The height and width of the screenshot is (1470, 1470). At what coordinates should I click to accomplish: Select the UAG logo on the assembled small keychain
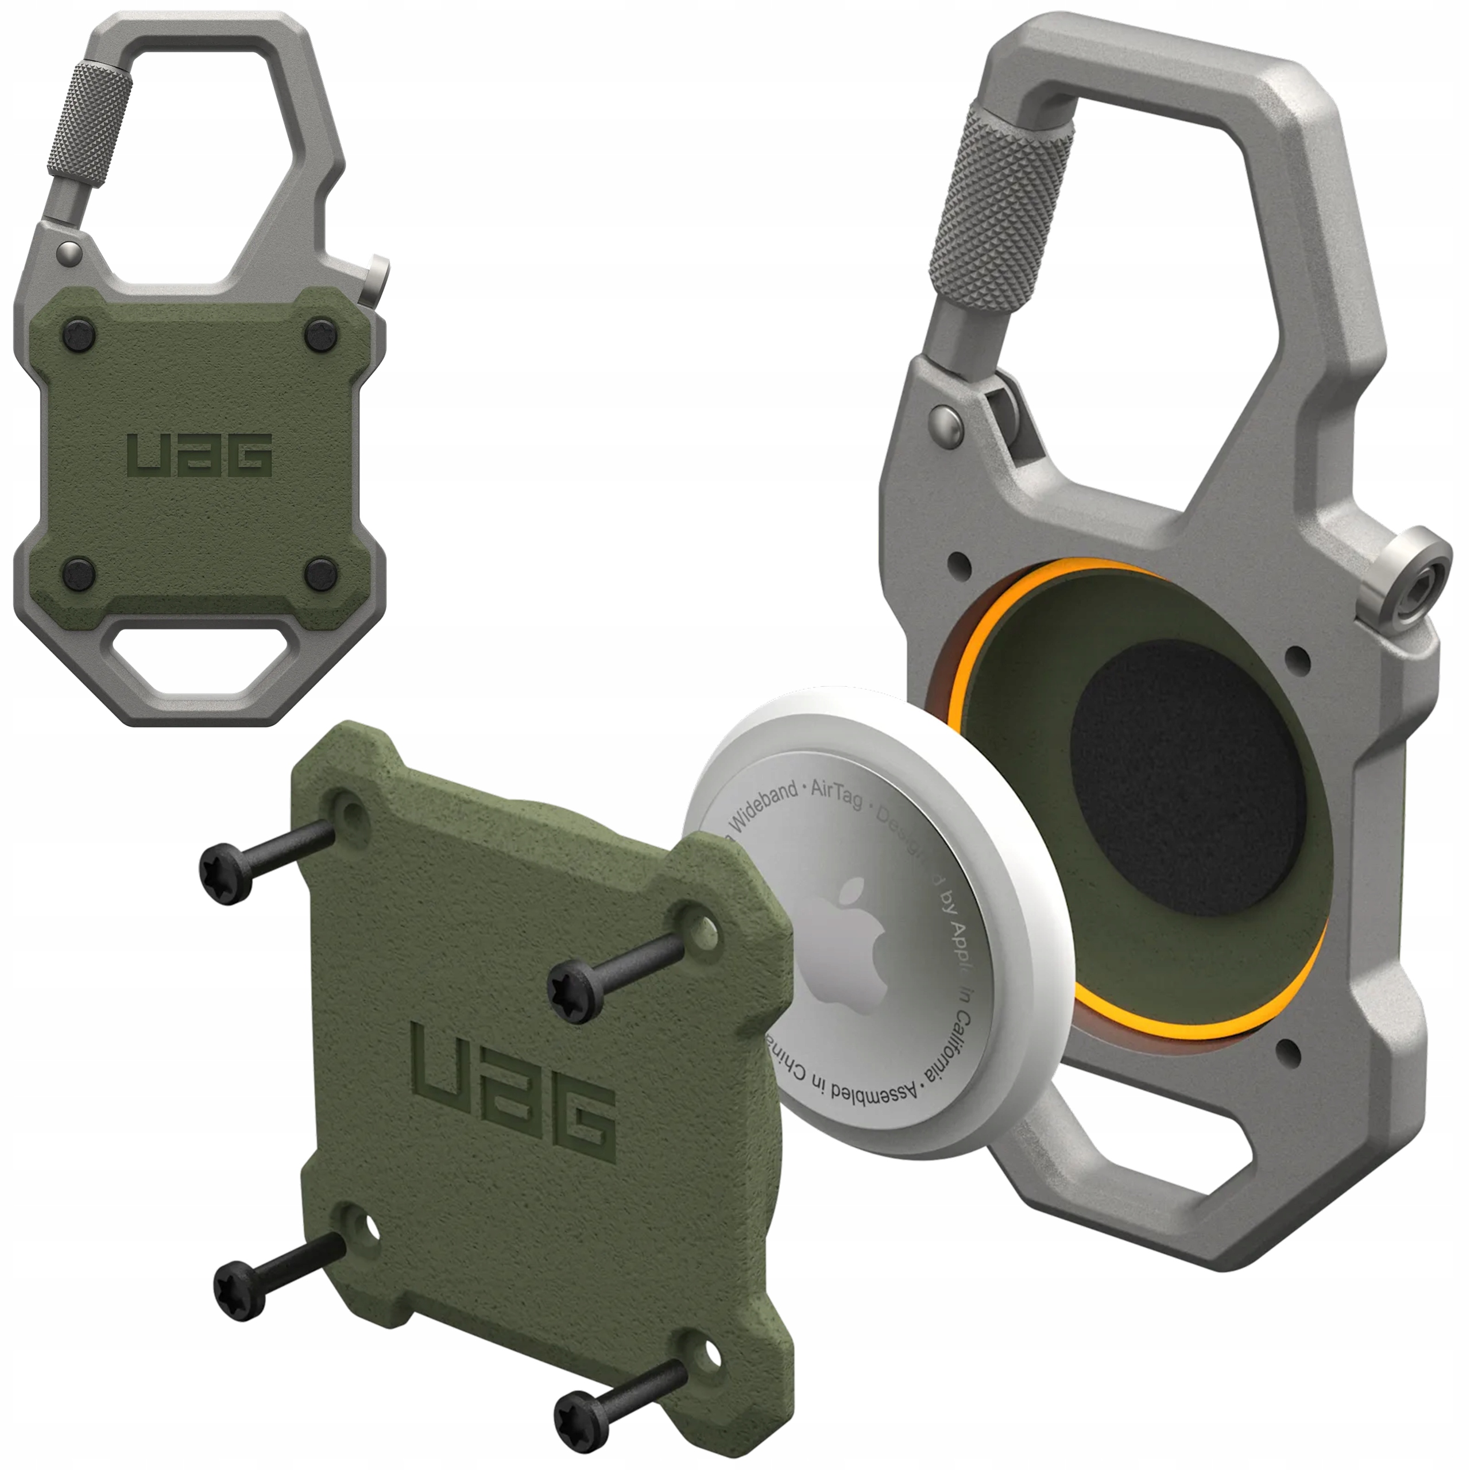click(x=200, y=455)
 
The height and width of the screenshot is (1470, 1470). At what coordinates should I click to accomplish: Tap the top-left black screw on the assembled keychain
click(x=75, y=332)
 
